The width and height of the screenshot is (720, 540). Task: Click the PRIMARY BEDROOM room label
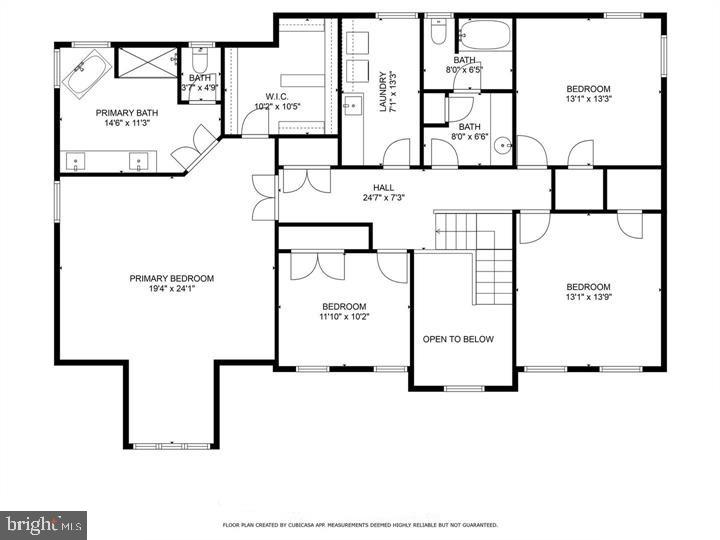click(x=171, y=278)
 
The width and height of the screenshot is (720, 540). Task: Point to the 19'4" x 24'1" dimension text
click(x=171, y=290)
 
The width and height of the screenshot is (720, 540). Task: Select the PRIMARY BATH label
click(x=123, y=113)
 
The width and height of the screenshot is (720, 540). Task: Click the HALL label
click(x=384, y=187)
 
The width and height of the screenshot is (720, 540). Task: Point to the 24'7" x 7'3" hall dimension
click(x=384, y=198)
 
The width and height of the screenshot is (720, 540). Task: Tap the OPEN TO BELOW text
click(x=458, y=339)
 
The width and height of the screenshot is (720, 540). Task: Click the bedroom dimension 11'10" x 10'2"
click(x=343, y=318)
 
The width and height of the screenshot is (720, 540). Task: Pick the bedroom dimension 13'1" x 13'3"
click(x=588, y=98)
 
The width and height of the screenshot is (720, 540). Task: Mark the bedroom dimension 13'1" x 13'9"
click(x=588, y=296)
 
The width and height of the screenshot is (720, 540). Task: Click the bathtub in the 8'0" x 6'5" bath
click(x=483, y=37)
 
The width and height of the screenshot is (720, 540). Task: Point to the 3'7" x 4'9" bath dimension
click(x=200, y=88)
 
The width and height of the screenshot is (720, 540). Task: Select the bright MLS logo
click(x=43, y=524)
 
